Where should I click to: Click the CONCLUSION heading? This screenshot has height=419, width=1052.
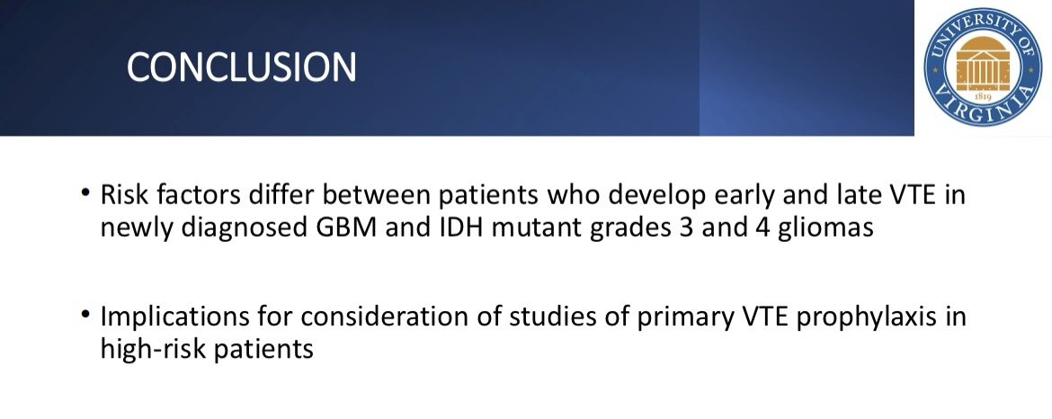(x=241, y=68)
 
